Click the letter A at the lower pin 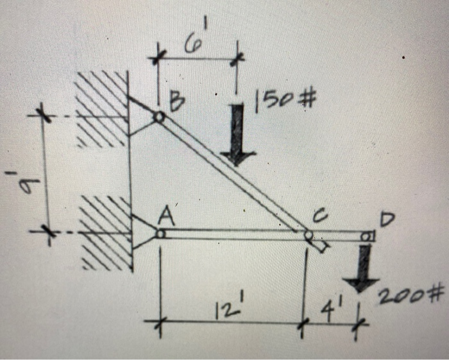coord(164,219)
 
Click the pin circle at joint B coord(158,117)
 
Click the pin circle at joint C coord(309,236)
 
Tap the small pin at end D coord(366,236)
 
